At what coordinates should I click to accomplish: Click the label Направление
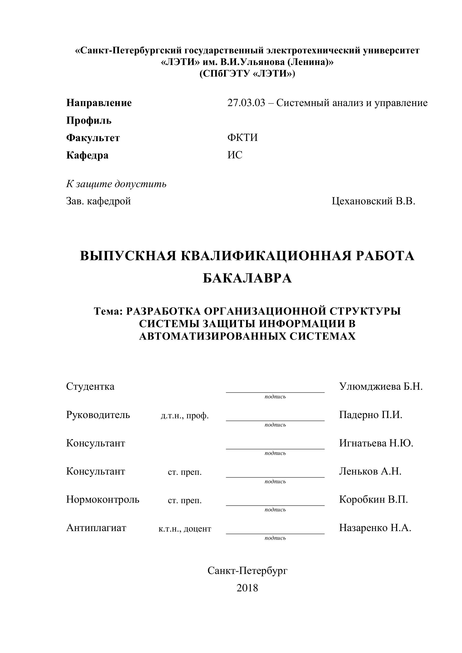point(99,103)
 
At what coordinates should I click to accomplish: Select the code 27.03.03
point(246,103)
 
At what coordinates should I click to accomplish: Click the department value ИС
point(235,155)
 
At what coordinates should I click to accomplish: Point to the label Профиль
point(89,121)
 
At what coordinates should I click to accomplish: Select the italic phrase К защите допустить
point(116,184)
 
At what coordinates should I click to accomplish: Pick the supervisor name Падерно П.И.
point(370,415)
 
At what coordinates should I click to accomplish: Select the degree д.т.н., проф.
point(185,416)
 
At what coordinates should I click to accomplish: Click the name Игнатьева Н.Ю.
point(376,443)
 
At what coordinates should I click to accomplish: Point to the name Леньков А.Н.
point(370,471)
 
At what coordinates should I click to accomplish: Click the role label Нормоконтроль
point(103,499)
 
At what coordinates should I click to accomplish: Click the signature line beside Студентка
point(275,392)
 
